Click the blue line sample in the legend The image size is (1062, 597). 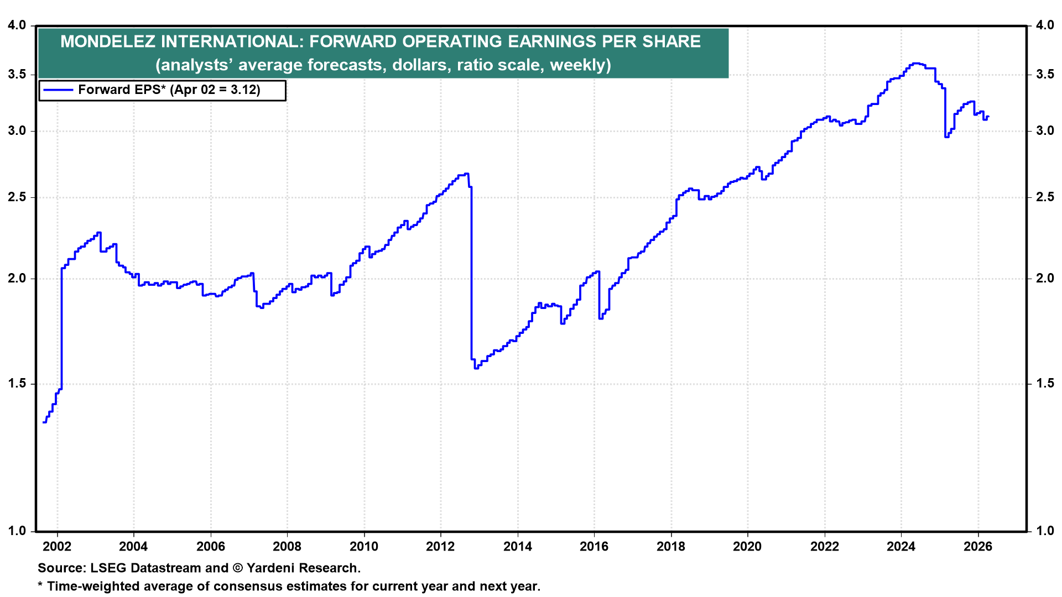coord(58,90)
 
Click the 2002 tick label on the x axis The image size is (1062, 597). coord(57,547)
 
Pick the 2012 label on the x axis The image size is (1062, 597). coord(441,547)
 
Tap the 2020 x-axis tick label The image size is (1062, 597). coord(748,547)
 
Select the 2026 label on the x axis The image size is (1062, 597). coord(978,547)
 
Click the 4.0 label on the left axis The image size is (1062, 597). coord(17,25)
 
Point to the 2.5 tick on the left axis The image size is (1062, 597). coord(17,197)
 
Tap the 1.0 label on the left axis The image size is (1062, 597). coord(17,531)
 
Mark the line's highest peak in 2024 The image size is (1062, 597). coord(916,64)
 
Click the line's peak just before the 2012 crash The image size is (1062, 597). coord(466,174)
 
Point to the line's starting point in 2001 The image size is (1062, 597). coord(44,422)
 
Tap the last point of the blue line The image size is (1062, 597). coord(988,117)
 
